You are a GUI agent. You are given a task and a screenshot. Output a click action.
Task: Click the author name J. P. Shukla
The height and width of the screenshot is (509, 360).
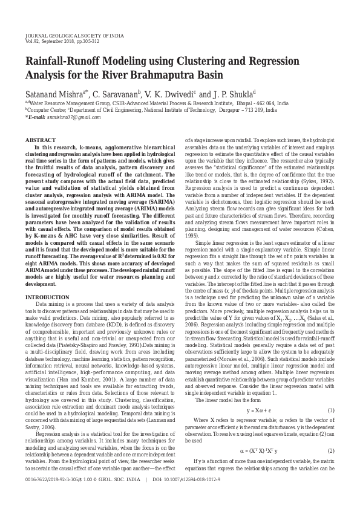click(229, 95)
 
